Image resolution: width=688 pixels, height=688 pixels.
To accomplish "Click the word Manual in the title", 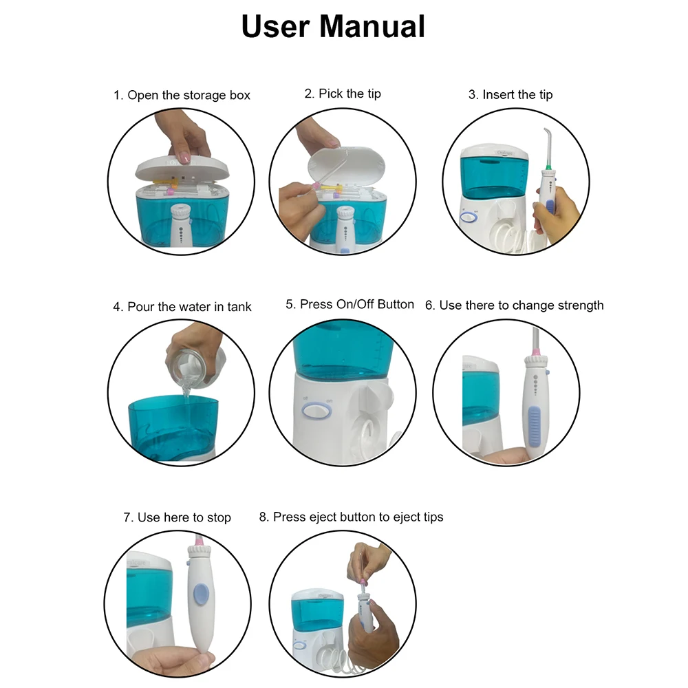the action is (x=372, y=26).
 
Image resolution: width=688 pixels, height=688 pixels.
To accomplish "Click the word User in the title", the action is (x=276, y=26).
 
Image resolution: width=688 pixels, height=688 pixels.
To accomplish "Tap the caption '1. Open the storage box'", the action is (x=182, y=95).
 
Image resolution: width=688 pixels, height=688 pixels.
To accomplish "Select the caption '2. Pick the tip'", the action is (x=343, y=94).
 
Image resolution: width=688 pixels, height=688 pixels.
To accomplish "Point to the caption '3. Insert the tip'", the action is (x=510, y=94).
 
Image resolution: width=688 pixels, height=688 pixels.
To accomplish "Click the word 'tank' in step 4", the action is (x=239, y=306).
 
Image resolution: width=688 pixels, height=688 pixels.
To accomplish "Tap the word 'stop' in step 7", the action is (x=219, y=518).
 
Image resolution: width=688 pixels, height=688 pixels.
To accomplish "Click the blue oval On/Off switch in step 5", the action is (x=316, y=411).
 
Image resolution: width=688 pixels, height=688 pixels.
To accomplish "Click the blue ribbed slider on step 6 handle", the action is (x=534, y=426).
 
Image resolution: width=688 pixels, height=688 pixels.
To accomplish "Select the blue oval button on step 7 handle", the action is (x=201, y=594).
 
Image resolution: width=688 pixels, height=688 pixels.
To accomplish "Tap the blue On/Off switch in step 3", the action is (x=469, y=216).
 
